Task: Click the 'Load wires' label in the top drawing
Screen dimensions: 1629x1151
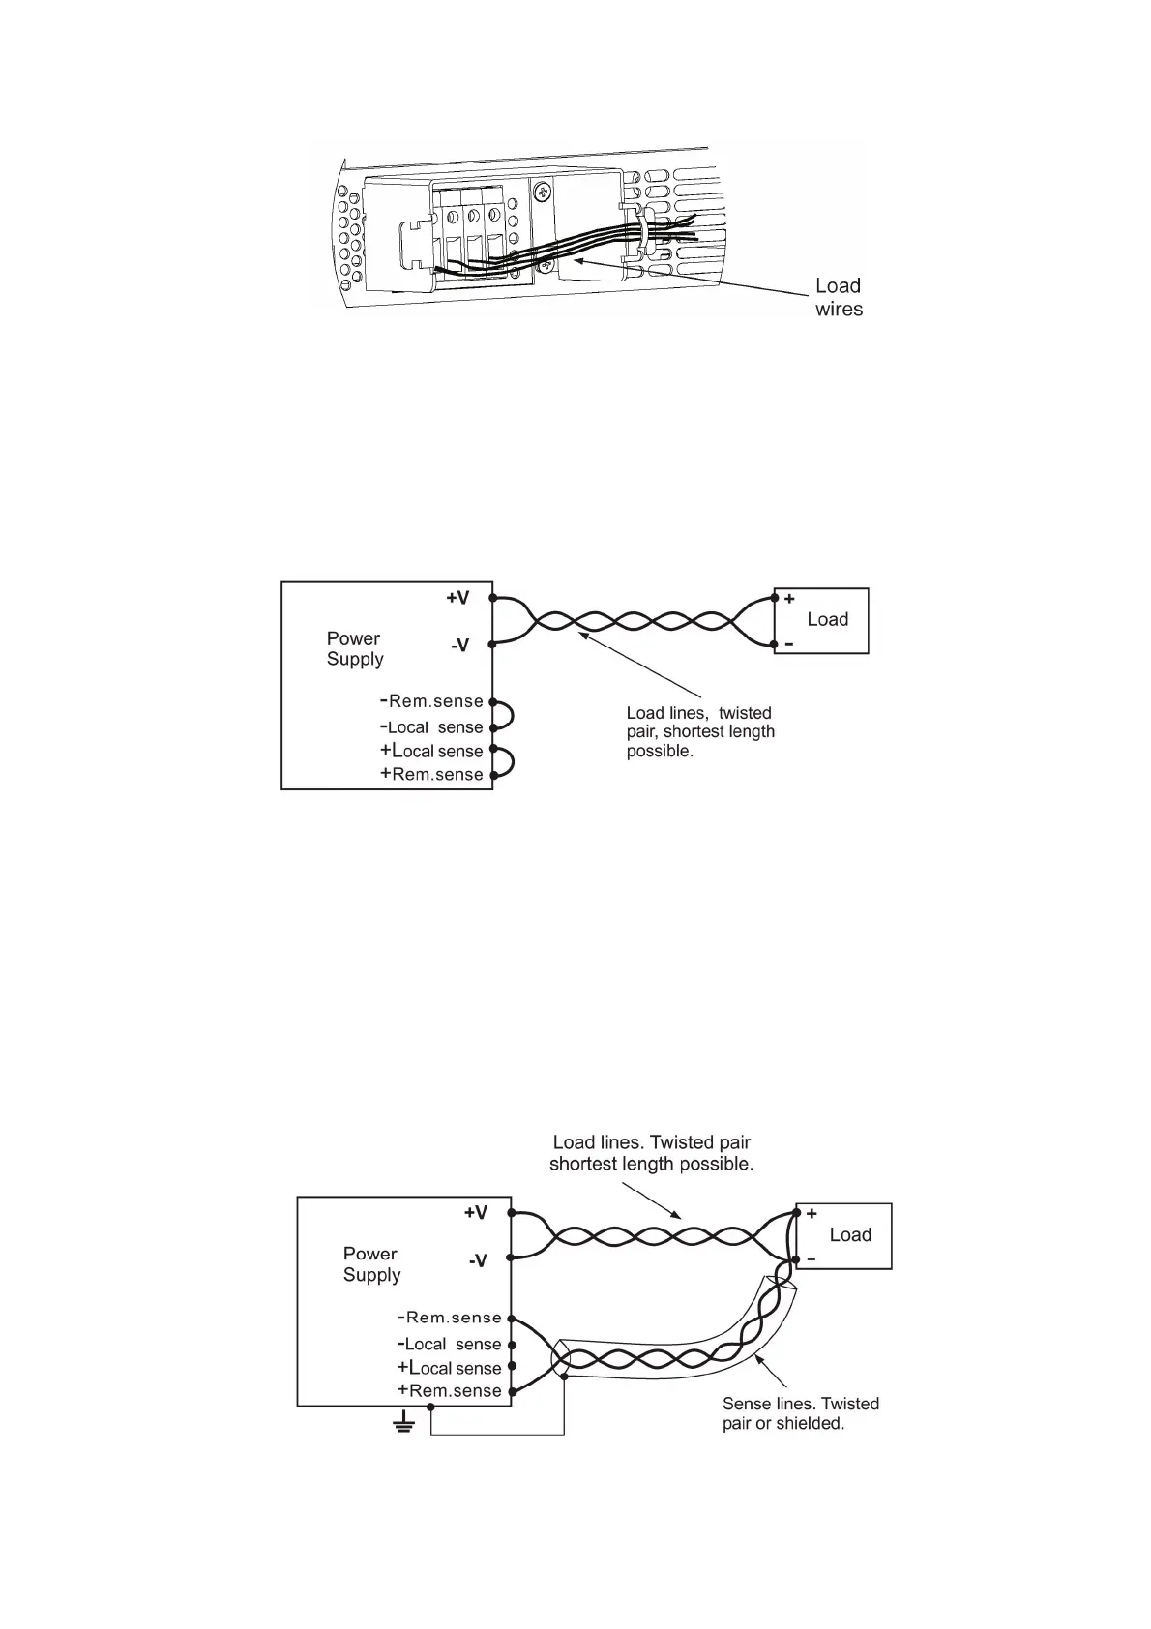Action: (838, 297)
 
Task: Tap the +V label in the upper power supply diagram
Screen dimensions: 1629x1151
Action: (457, 598)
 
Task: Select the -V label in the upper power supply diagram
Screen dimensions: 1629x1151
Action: (459, 645)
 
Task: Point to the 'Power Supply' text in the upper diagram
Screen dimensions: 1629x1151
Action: (355, 648)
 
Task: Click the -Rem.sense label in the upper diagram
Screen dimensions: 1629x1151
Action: (431, 701)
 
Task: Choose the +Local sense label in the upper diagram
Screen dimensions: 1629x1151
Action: (431, 751)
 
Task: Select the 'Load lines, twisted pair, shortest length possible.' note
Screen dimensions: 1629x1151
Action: (700, 731)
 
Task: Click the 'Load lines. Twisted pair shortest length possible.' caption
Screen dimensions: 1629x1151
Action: (651, 1153)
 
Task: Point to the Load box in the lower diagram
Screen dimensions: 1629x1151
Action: (843, 1235)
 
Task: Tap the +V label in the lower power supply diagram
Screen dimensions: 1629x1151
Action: (476, 1213)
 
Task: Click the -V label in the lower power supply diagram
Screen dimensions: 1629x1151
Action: (477, 1260)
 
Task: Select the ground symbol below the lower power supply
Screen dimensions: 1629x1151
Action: (403, 1423)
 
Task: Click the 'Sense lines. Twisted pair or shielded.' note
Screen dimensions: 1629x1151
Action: (800, 1413)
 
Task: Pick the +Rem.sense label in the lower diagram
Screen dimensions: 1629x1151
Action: (450, 1391)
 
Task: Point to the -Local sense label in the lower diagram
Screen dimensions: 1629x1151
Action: (450, 1344)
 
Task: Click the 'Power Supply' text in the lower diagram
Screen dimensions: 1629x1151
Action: (371, 1263)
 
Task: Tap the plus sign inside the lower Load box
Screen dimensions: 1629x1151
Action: (812, 1213)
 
